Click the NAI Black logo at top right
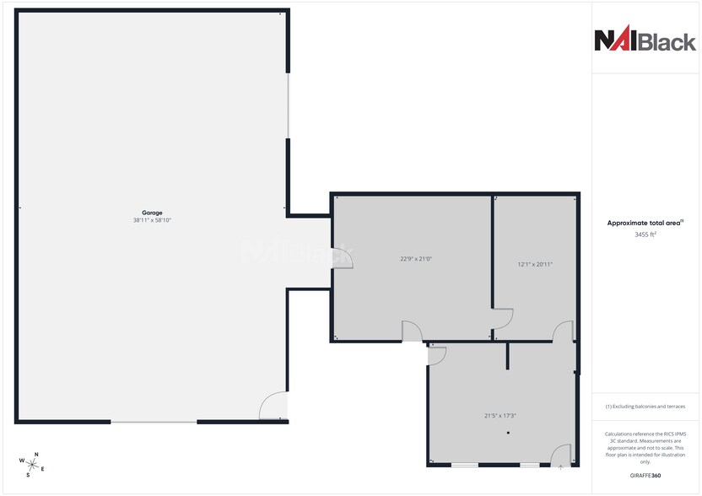[645, 40]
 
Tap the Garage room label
[152, 213]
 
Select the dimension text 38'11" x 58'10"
[152, 220]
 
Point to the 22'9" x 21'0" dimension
[416, 259]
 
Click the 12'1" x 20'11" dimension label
[535, 264]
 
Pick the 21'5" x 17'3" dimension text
[500, 415]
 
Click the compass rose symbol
[31, 464]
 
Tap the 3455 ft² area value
[645, 235]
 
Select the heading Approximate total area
[645, 223]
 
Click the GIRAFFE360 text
[645, 476]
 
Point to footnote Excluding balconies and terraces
[645, 407]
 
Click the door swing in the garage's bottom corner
[273, 407]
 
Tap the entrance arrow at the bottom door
[561, 466]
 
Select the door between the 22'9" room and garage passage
[343, 256]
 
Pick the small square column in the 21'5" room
[508, 433]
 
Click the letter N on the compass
[35, 456]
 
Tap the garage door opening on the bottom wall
[154, 421]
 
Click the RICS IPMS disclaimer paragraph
[645, 448]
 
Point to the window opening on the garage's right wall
[288, 105]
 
